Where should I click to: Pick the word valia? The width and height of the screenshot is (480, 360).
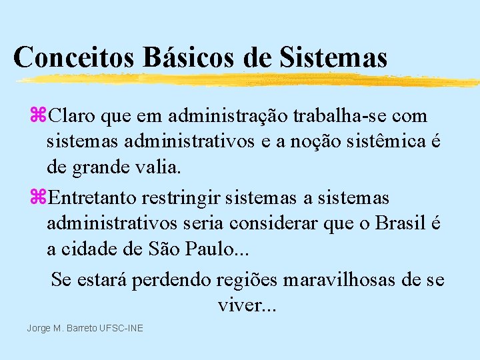point(159,167)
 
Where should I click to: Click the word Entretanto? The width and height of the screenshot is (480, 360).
point(91,199)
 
